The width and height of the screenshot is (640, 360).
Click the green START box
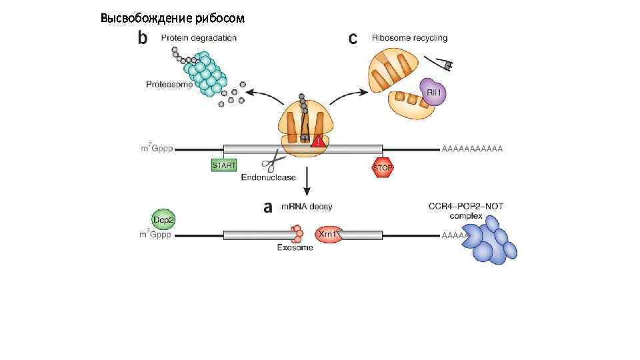(224, 165)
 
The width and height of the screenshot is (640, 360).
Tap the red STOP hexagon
(383, 168)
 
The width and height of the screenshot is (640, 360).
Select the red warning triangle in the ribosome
(320, 141)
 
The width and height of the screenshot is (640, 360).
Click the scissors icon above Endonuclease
(270, 162)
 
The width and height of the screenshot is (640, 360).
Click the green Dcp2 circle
(164, 219)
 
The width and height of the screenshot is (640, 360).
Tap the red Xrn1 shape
(328, 235)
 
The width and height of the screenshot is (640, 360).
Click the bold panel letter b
(142, 39)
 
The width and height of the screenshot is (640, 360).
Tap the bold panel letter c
(353, 39)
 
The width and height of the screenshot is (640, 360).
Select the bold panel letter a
(267, 207)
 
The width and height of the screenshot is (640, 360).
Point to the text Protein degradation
(199, 38)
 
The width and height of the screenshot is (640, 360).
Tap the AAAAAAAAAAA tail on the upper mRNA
(473, 149)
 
